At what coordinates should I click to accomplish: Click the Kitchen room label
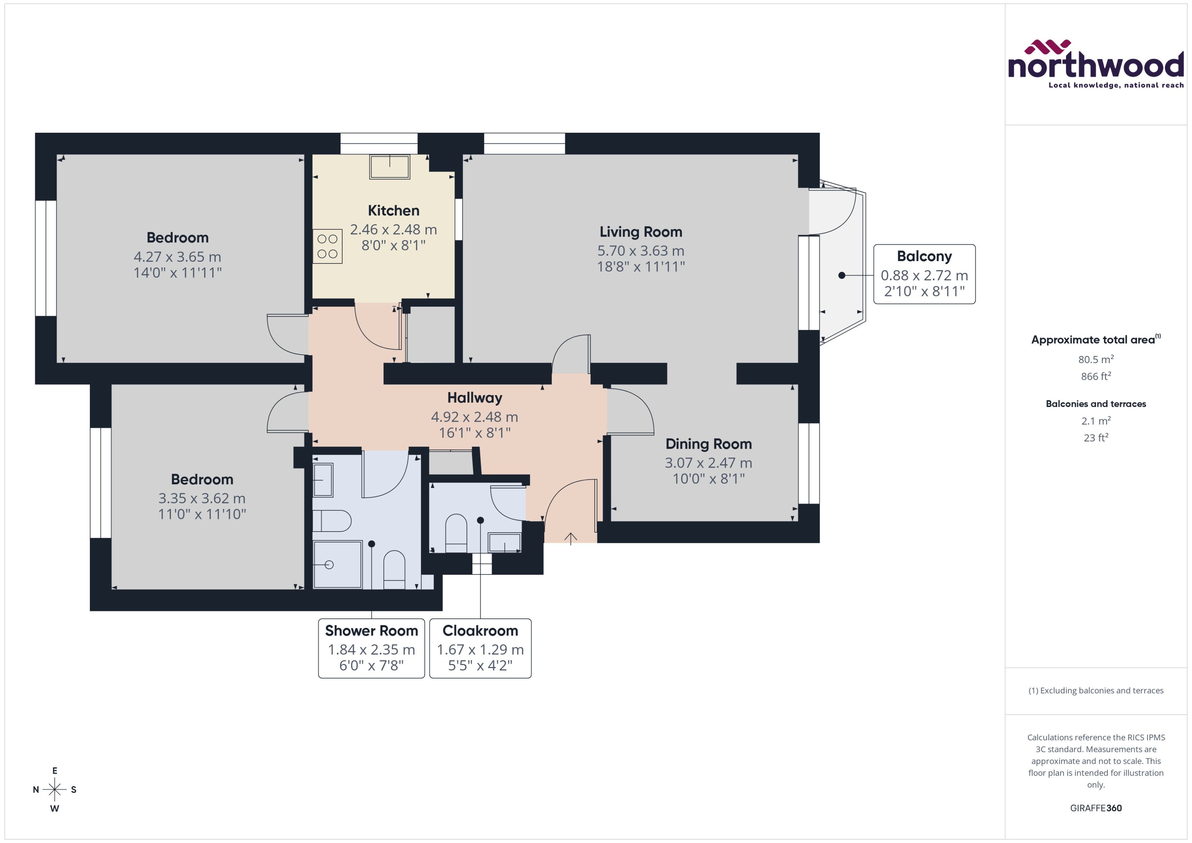tap(393, 210)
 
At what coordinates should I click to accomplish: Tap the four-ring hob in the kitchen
tap(327, 246)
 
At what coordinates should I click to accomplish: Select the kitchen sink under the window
tap(390, 167)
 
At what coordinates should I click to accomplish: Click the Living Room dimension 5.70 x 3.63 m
tap(640, 251)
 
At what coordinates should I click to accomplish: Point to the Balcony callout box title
tap(924, 256)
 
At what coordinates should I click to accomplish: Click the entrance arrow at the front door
tap(570, 539)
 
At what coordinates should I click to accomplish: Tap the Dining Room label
tap(708, 444)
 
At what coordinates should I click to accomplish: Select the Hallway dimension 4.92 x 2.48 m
tap(474, 417)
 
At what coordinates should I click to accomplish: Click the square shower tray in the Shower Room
tap(337, 564)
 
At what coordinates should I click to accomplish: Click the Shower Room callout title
tap(371, 631)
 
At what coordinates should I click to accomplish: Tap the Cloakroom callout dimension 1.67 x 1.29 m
tap(480, 649)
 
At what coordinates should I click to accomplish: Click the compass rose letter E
tap(54, 771)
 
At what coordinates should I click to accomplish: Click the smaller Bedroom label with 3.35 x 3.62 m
tap(202, 479)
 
